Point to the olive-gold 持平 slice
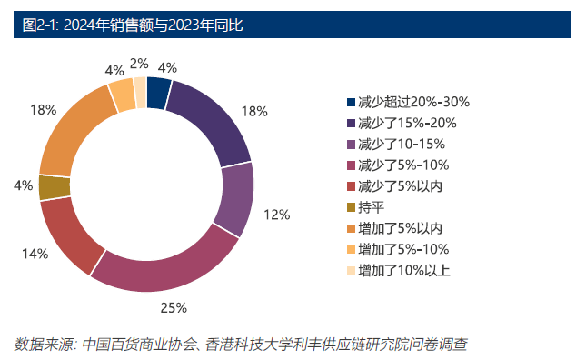(55, 187)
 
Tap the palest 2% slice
(140, 90)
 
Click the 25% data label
(174, 307)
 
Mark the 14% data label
(35, 254)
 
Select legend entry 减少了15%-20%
(406, 123)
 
